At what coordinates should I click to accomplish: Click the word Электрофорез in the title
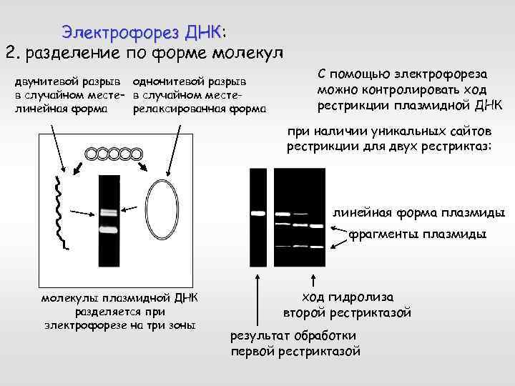[120, 32]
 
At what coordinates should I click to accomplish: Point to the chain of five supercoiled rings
[113, 153]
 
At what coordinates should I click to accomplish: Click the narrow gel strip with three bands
[109, 212]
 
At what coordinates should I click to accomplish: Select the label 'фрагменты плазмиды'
[427, 234]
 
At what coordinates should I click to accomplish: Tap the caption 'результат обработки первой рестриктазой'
[295, 344]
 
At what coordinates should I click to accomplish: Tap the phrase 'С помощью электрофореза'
[403, 74]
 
